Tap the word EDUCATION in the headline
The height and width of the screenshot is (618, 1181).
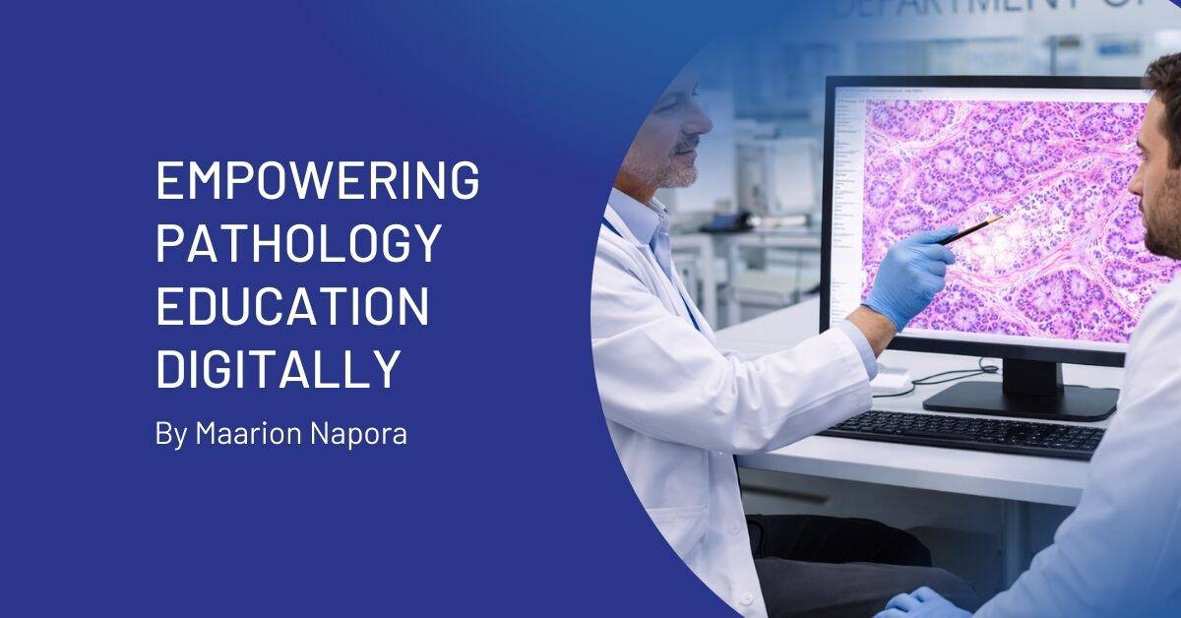(x=292, y=307)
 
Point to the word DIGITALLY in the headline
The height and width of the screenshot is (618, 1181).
(x=278, y=370)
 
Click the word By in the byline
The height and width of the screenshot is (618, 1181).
(x=169, y=434)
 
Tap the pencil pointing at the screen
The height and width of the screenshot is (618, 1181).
(x=969, y=230)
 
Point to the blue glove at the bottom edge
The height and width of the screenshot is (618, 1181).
(x=920, y=602)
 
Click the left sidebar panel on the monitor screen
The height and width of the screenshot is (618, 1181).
(x=844, y=197)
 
